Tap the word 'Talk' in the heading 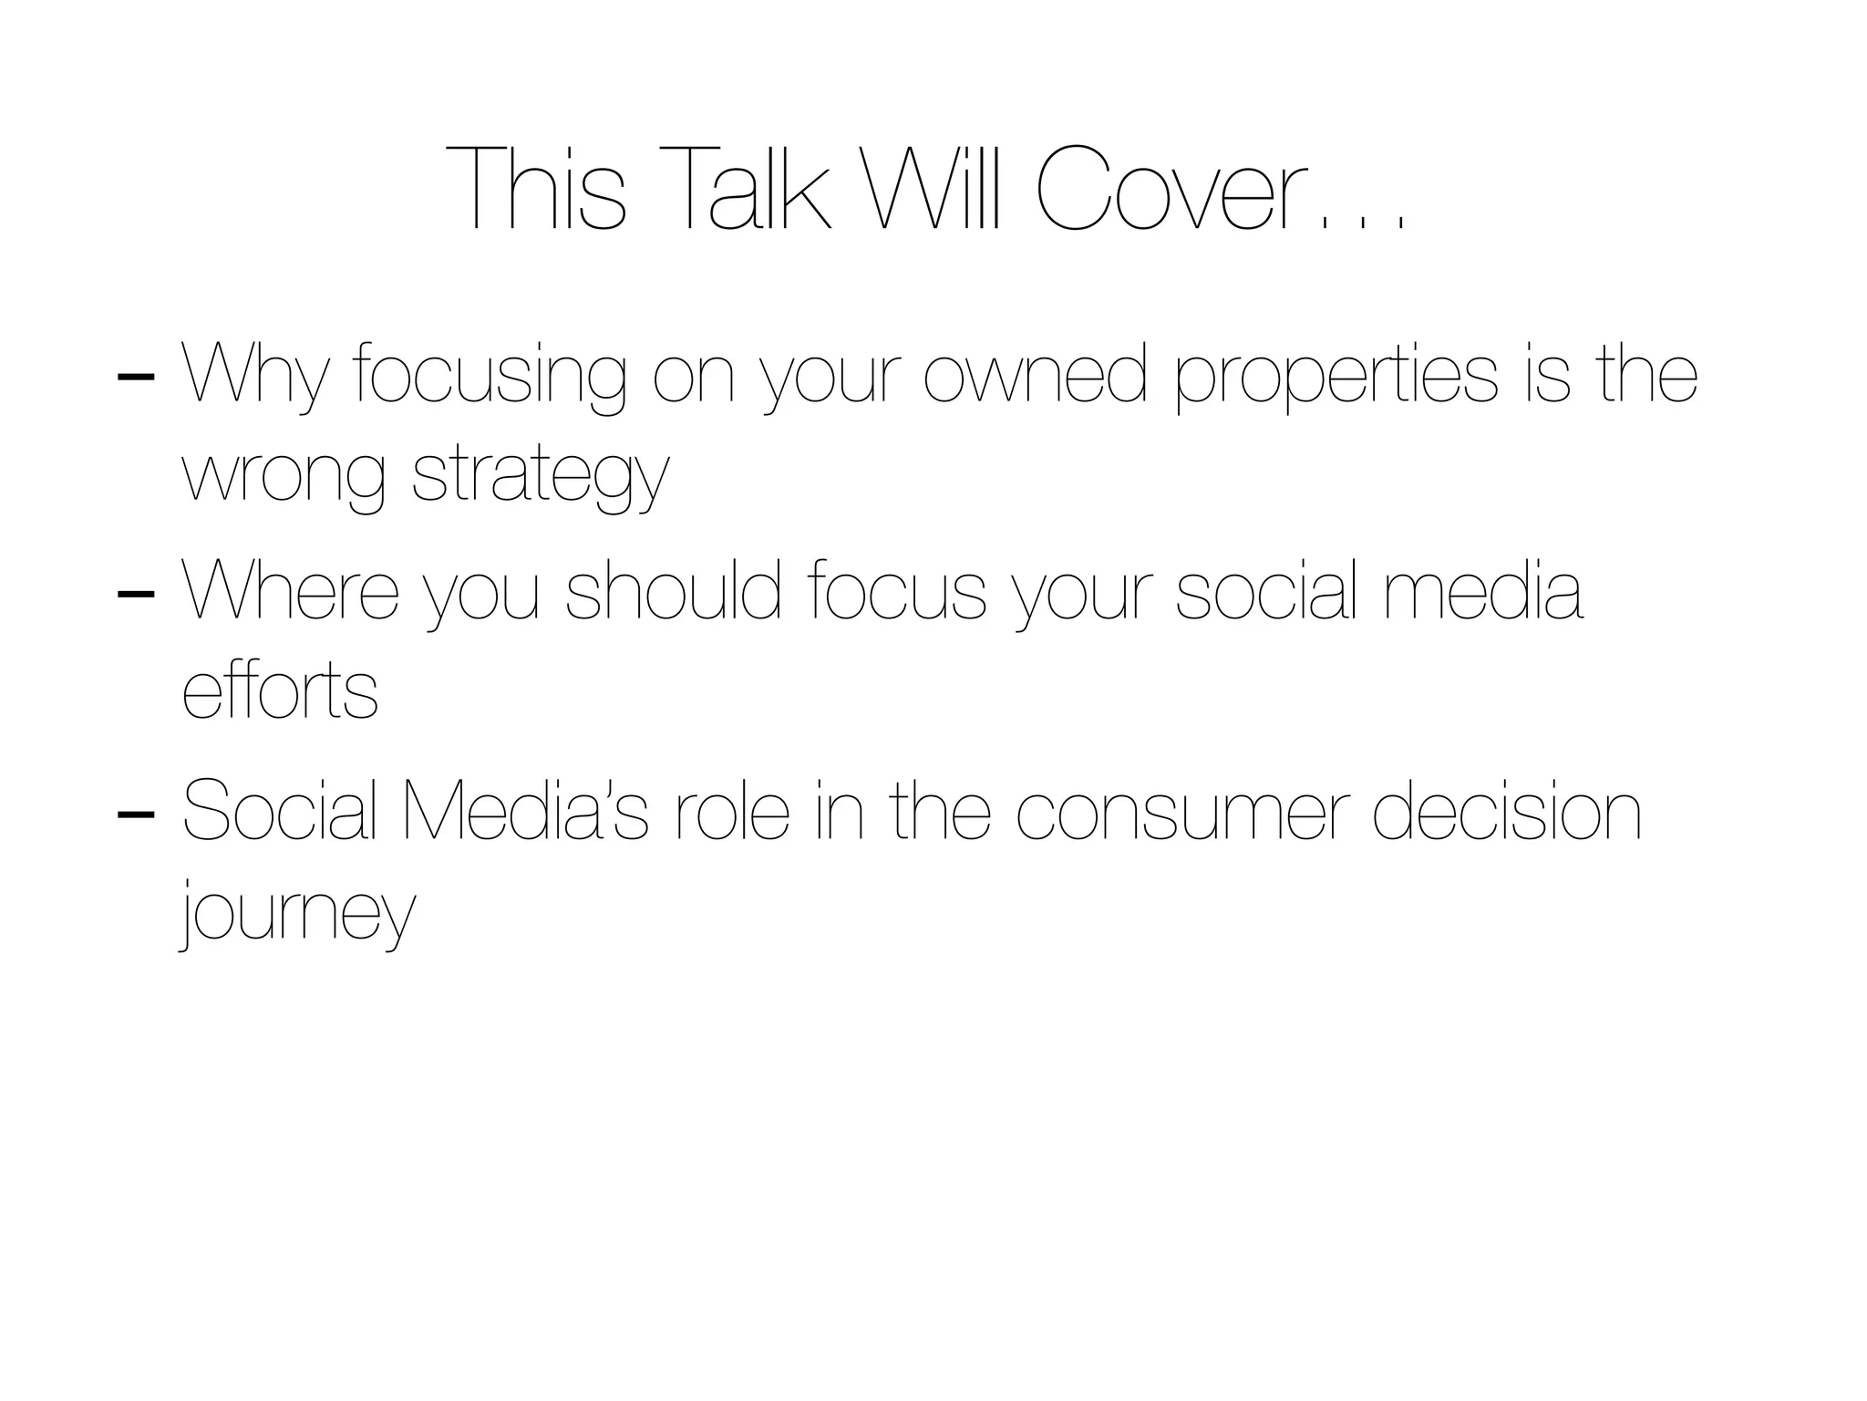click(743, 189)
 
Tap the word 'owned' click(1035, 373)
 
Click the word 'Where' click(291, 590)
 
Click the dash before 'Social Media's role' click(136, 812)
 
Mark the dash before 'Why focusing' click(136, 376)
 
